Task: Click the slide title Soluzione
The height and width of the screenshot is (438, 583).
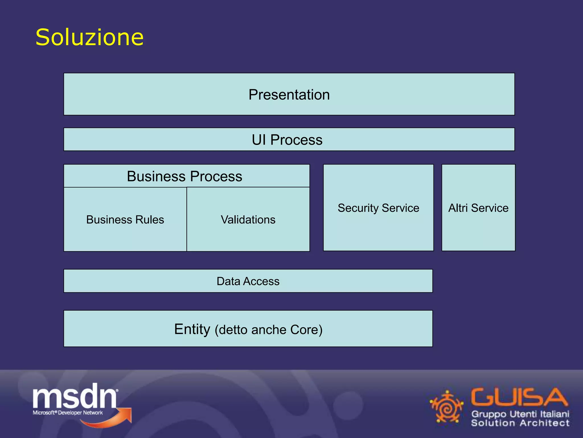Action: tap(89, 37)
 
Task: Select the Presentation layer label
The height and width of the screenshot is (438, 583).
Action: tap(289, 95)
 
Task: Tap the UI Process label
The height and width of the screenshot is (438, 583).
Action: tap(287, 140)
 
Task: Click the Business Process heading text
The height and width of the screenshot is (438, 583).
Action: tap(184, 176)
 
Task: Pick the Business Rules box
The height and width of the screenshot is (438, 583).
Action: tap(125, 220)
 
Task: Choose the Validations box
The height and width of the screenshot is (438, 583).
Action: tap(248, 220)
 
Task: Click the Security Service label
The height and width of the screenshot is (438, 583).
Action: tap(378, 208)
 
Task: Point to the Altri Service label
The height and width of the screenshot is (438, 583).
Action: tap(478, 208)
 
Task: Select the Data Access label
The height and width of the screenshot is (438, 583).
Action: tap(248, 281)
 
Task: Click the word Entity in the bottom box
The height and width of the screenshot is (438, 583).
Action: tap(192, 329)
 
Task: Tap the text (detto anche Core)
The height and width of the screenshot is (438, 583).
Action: tap(268, 330)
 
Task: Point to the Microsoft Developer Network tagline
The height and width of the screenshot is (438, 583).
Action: tap(68, 413)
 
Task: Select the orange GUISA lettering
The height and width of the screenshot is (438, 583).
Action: tap(519, 397)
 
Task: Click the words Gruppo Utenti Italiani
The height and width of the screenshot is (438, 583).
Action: tap(520, 414)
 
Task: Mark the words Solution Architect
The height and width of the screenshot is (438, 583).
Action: tap(520, 423)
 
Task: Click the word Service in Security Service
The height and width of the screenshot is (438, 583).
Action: tap(400, 208)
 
